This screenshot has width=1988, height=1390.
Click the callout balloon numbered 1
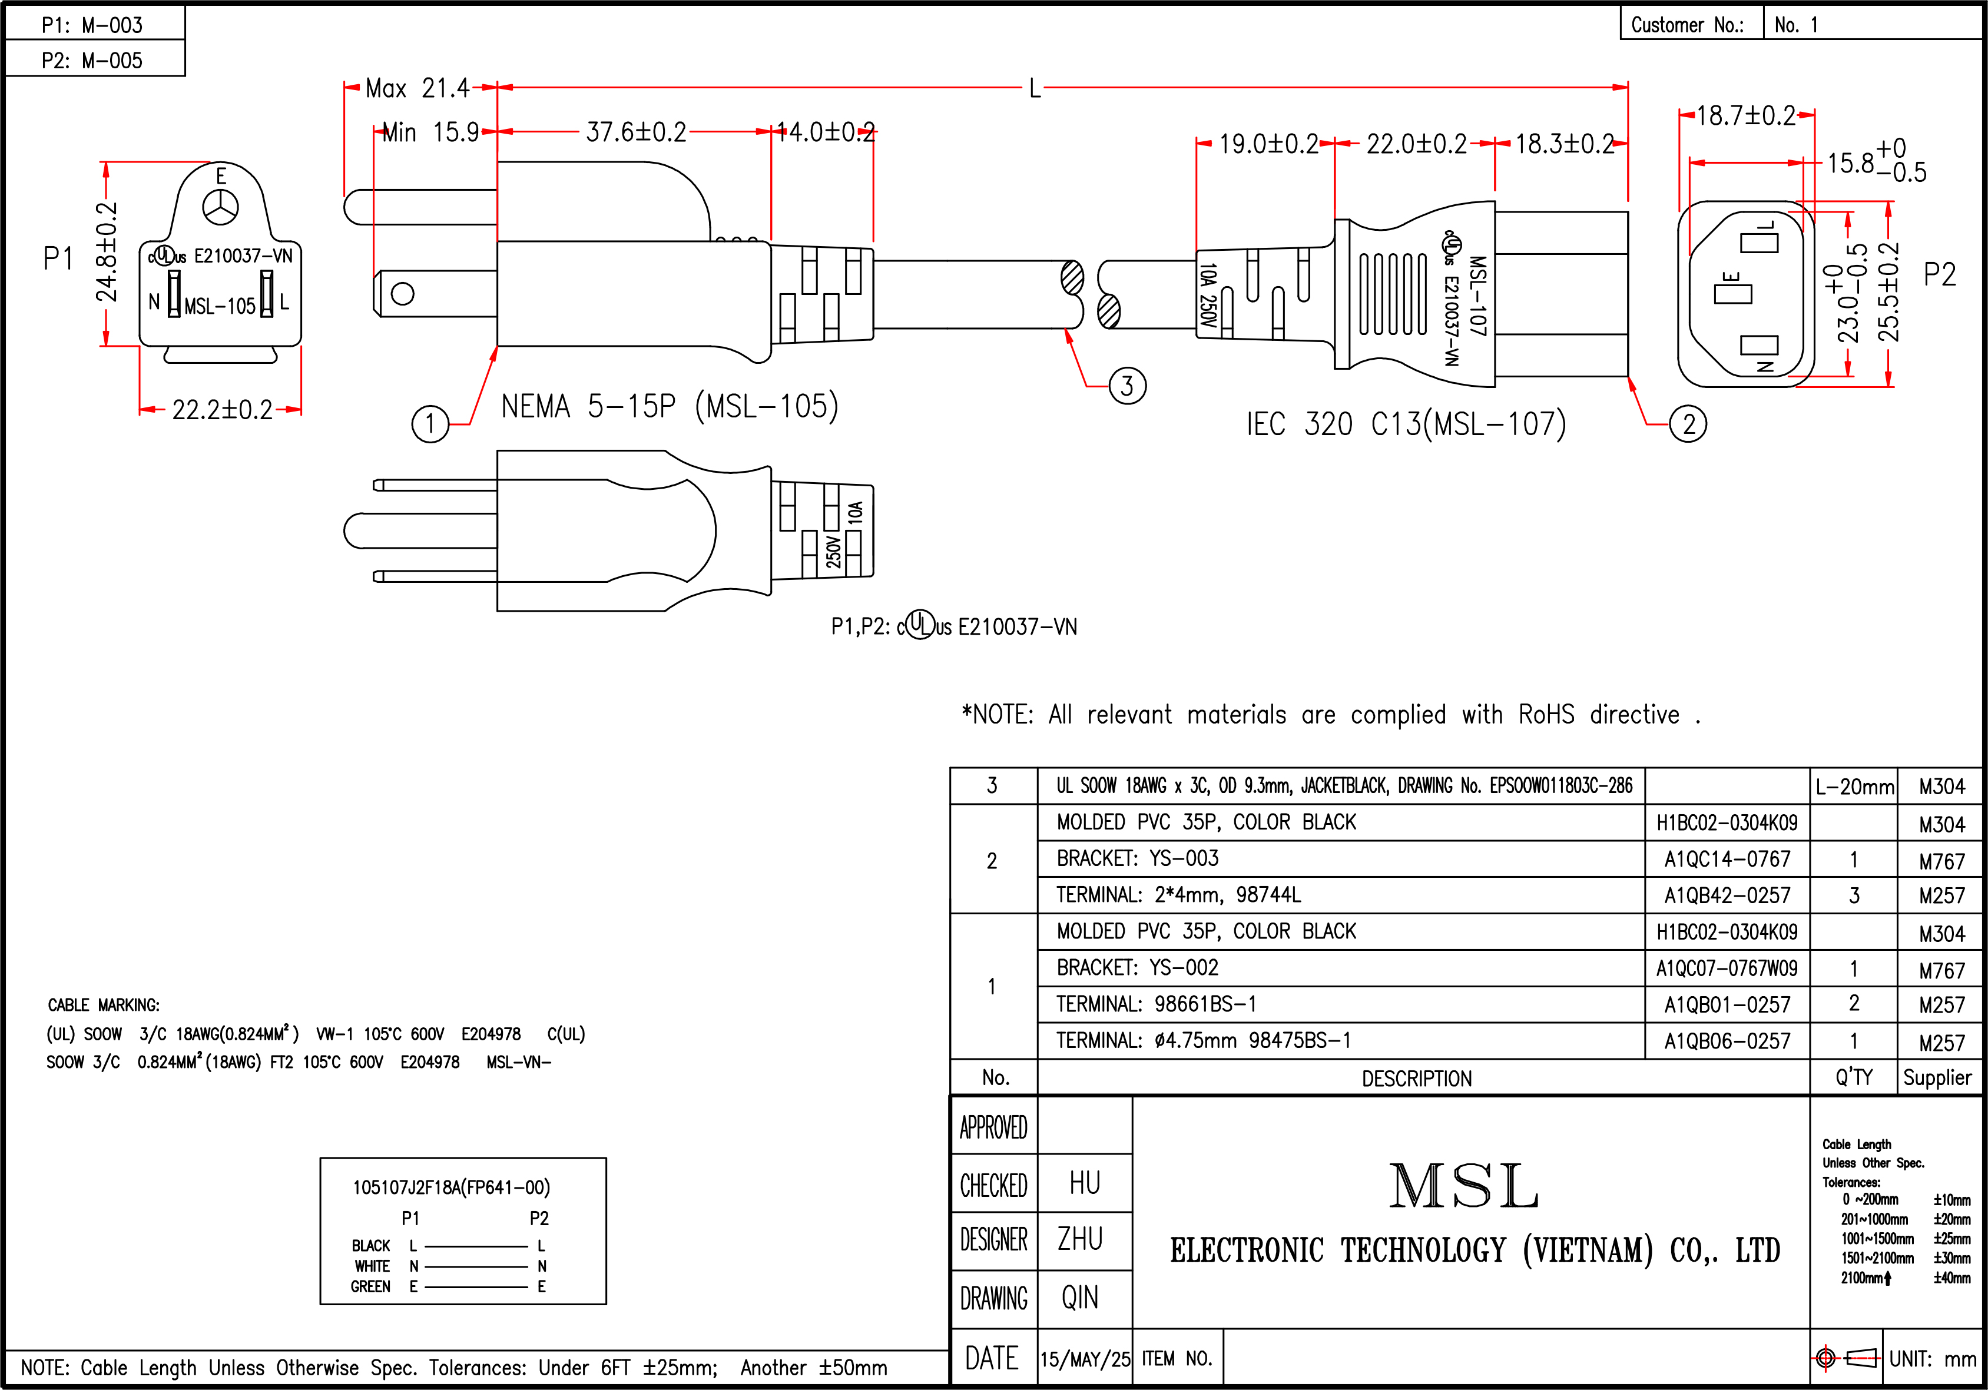coord(430,424)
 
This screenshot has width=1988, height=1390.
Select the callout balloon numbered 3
coord(1127,386)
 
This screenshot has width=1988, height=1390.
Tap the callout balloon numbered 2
coord(1688,424)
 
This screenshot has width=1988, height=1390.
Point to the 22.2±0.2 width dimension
coord(221,409)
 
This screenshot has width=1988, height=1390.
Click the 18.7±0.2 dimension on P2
coord(1745,116)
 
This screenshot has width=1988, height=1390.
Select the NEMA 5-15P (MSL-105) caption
coord(670,406)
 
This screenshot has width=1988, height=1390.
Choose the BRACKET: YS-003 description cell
coord(1137,858)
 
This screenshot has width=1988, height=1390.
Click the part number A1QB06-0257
coord(1727,1041)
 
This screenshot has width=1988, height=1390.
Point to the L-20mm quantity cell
coord(1854,787)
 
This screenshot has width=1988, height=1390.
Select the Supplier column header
coord(1938,1077)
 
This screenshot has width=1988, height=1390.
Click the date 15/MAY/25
coord(1085,1359)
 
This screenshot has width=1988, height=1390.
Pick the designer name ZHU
coord(1081,1239)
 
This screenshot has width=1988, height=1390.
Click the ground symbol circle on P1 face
coord(221,207)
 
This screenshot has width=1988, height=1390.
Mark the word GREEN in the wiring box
coord(370,1287)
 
